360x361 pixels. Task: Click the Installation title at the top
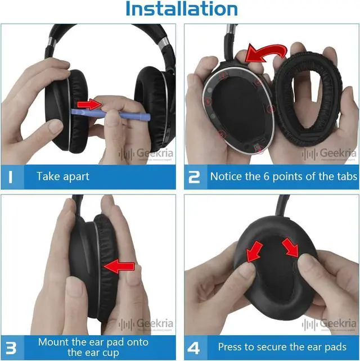(x=181, y=10)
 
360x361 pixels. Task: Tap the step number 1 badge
(x=12, y=177)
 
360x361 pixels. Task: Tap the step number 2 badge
(x=194, y=177)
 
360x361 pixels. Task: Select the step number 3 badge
(x=12, y=346)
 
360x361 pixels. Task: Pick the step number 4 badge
(x=194, y=346)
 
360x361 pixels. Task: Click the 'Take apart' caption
(x=64, y=177)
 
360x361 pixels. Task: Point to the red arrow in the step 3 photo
(x=120, y=266)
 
